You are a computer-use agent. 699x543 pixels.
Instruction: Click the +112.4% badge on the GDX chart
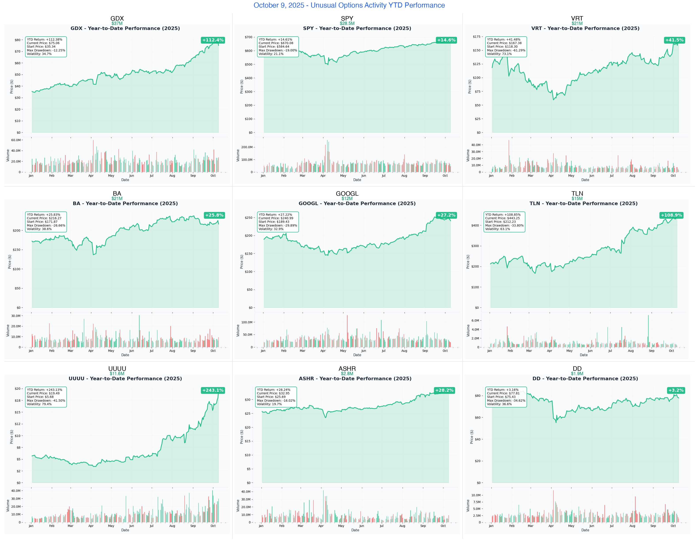(213, 40)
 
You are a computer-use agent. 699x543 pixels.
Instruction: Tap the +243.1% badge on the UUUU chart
(213, 390)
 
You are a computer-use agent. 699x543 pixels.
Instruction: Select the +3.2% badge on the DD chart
(676, 390)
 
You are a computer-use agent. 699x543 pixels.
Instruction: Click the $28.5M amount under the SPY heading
(347, 23)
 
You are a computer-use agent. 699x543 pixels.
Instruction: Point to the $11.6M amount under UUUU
(117, 374)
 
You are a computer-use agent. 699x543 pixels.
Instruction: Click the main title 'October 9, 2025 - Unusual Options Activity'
(349, 5)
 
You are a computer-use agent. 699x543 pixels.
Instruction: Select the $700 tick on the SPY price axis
(248, 37)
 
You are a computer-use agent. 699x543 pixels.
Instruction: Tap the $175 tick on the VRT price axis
(477, 37)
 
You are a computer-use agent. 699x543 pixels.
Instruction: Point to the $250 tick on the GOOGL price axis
(248, 218)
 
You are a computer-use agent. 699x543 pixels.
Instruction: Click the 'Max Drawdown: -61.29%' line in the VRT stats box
(506, 50)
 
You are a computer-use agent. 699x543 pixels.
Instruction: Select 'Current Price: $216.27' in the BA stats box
(44, 218)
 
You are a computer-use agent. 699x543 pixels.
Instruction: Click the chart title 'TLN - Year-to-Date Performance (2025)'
(583, 204)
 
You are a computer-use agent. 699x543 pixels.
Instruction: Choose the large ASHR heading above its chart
(347, 369)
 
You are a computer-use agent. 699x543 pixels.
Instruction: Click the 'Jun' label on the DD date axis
(591, 526)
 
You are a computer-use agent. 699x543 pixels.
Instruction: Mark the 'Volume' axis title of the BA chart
(8, 331)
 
